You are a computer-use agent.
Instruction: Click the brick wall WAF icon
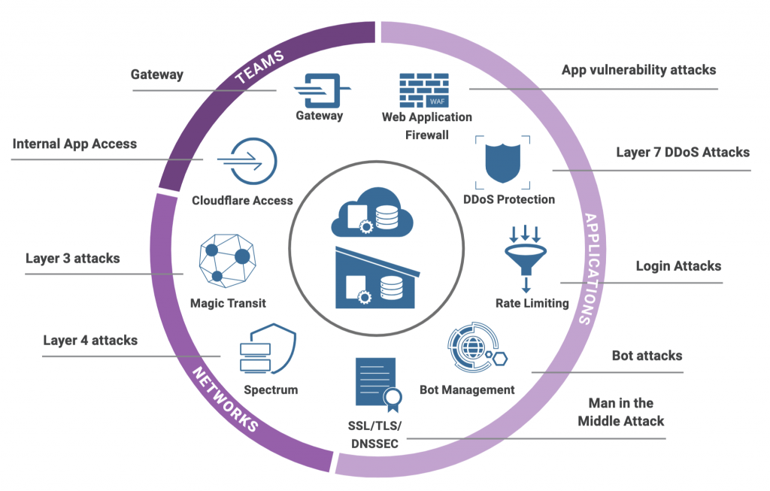coord(424,90)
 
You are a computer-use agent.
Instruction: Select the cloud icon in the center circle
coord(372,215)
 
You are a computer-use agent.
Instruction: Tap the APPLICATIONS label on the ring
coord(593,268)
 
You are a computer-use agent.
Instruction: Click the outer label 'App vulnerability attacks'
coord(638,70)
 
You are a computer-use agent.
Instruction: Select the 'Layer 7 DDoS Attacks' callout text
coord(682,152)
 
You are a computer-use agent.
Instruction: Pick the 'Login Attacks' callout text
coord(678,265)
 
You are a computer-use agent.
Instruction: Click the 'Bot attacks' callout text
coord(647,355)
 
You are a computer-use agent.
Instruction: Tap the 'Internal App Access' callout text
coord(74,143)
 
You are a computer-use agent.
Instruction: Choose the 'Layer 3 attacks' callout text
coord(72,258)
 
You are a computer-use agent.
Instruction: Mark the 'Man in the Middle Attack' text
coord(620,412)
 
